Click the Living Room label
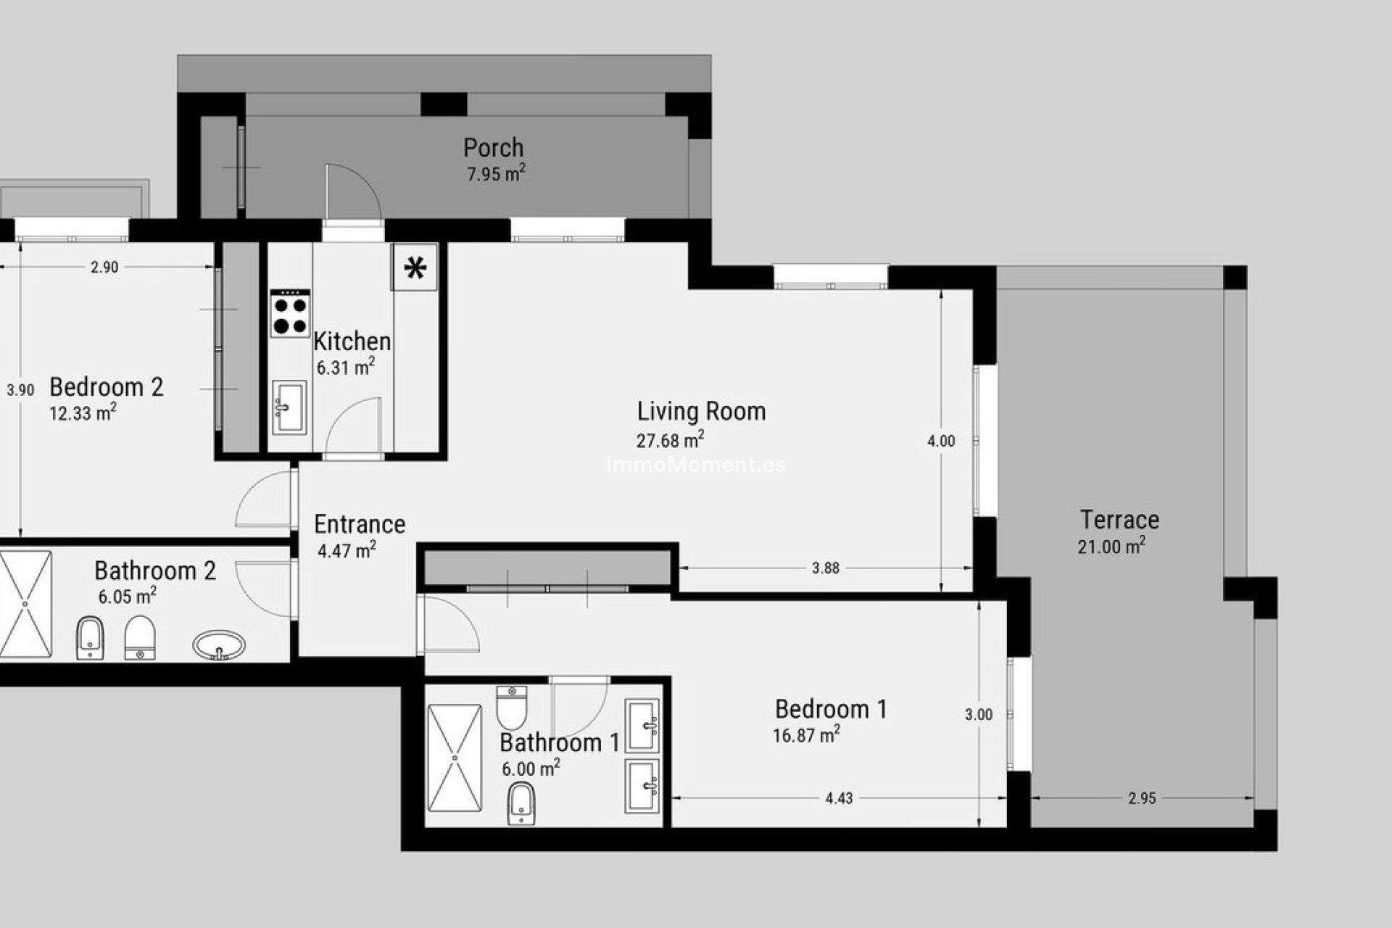click(x=701, y=411)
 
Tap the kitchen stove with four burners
click(x=290, y=314)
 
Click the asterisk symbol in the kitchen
click(x=415, y=268)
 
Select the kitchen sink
click(x=289, y=407)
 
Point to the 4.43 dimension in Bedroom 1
click(x=839, y=798)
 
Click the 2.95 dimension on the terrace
click(x=1142, y=798)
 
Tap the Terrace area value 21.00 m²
click(x=1111, y=547)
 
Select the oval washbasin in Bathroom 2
click(x=219, y=645)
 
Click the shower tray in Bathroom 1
click(x=455, y=758)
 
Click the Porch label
click(x=493, y=148)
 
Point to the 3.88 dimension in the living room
click(x=825, y=568)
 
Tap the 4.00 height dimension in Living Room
click(x=941, y=441)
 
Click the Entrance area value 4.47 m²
click(x=347, y=551)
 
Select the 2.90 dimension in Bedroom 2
click(x=104, y=268)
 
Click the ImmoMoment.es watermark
click(x=695, y=465)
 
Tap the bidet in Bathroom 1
click(x=521, y=803)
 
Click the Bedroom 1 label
click(x=831, y=708)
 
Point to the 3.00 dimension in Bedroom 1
click(x=978, y=715)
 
